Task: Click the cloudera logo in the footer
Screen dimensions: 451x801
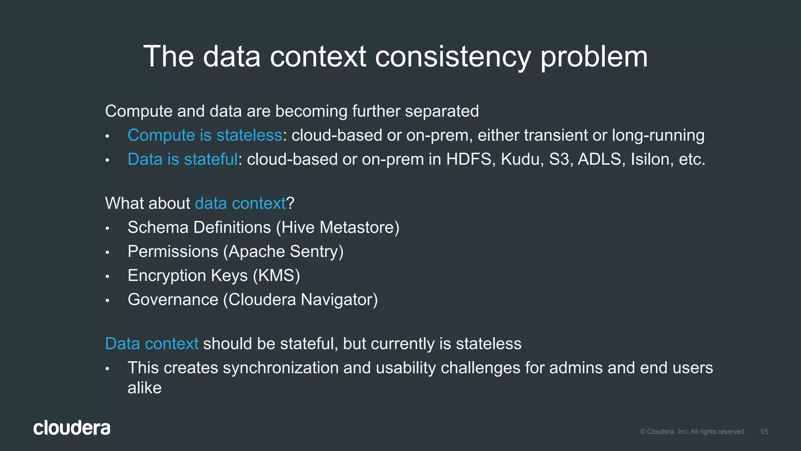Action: pos(72,428)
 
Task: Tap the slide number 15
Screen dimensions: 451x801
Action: pos(764,432)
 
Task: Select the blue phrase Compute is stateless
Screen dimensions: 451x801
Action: pos(205,135)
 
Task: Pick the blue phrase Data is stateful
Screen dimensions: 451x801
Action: pos(182,159)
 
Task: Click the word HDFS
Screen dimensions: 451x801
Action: pos(469,159)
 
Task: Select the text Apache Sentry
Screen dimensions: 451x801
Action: pos(283,252)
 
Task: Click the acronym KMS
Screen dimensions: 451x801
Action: pos(276,276)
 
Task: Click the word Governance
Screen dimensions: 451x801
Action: pos(173,300)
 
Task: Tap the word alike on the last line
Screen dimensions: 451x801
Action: pos(144,388)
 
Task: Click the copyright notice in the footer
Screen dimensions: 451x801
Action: pos(692,432)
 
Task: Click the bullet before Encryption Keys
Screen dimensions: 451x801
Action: pos(107,277)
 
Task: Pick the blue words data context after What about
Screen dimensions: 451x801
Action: pos(240,204)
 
